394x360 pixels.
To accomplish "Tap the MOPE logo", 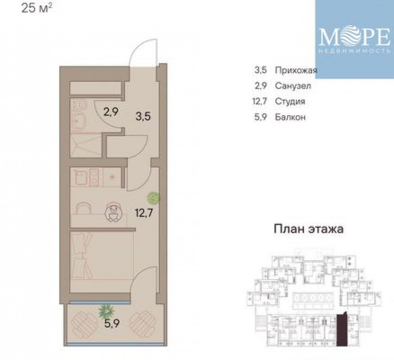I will pyautogui.click(x=354, y=39).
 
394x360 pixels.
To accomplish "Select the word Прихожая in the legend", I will pyautogui.click(x=296, y=70).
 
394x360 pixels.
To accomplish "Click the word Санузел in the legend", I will pyautogui.click(x=293, y=85).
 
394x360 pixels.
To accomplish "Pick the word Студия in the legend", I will pyautogui.click(x=290, y=101).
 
